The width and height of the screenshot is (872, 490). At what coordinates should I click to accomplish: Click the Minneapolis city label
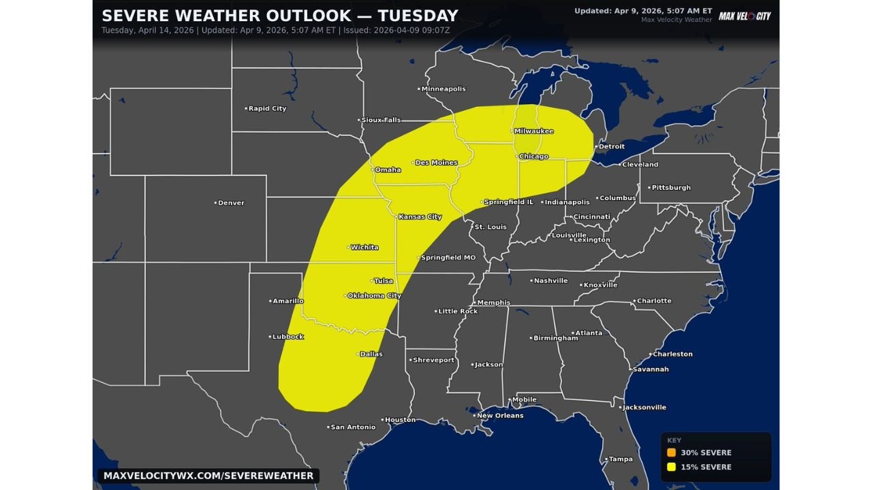(x=443, y=89)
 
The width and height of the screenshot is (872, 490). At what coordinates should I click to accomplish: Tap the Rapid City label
(x=267, y=109)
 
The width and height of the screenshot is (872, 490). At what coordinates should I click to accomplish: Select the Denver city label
(x=231, y=203)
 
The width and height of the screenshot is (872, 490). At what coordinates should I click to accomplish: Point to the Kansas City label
(x=420, y=217)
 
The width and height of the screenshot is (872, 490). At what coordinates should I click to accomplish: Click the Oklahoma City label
(x=374, y=296)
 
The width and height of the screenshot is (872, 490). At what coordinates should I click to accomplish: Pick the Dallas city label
(x=371, y=354)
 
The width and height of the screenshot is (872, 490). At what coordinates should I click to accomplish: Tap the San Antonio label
(x=352, y=427)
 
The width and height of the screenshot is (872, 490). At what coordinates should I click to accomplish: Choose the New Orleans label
(x=500, y=416)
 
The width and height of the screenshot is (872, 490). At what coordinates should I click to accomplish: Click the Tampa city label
(x=621, y=459)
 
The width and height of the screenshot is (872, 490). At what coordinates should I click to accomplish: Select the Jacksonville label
(x=644, y=408)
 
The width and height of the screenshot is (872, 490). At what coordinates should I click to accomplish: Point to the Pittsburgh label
(x=671, y=188)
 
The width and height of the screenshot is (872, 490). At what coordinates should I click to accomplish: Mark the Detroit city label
(x=611, y=147)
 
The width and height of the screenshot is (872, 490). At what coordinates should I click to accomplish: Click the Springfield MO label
(x=448, y=258)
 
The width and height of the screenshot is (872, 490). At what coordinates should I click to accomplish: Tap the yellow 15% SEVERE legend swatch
(x=671, y=467)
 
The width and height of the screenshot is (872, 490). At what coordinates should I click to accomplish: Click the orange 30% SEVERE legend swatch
(x=671, y=453)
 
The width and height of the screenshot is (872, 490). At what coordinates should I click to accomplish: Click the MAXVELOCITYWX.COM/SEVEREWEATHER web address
(x=208, y=476)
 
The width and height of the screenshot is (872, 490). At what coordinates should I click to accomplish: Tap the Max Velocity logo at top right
(x=745, y=16)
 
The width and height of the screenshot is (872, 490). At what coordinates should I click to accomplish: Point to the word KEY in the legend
(x=673, y=440)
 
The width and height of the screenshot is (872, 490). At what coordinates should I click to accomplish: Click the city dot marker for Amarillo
(x=270, y=301)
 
